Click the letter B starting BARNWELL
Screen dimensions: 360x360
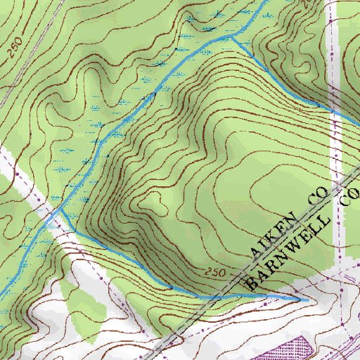point(252,283)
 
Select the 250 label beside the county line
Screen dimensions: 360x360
point(219,271)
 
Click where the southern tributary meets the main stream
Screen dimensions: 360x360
point(60,208)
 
